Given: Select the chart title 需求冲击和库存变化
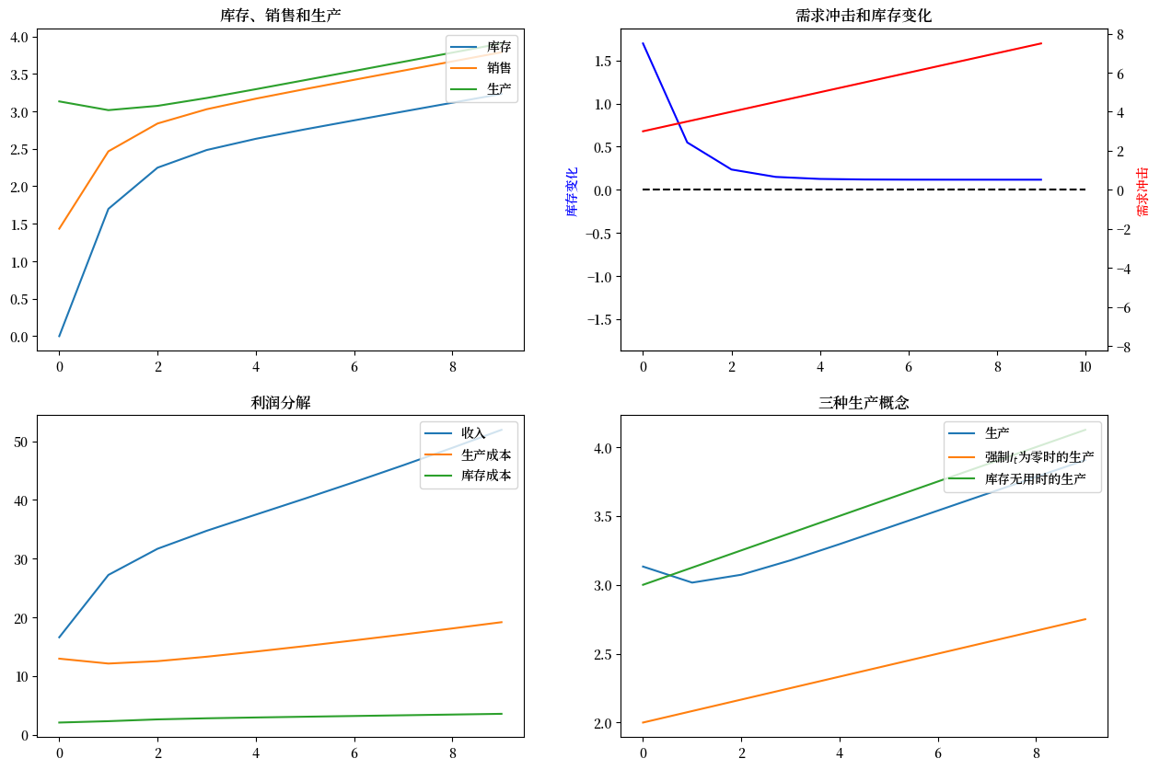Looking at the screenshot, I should (864, 16).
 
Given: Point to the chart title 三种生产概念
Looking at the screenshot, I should (864, 402).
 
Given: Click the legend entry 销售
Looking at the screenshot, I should (499, 68).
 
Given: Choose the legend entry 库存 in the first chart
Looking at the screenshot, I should (499, 47).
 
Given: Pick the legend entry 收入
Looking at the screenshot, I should (473, 433).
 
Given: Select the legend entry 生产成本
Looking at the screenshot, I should (486, 454).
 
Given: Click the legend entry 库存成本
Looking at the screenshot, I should (486, 477).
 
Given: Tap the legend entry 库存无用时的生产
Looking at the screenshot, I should (1036, 479).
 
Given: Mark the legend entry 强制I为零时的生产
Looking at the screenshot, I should (1039, 456).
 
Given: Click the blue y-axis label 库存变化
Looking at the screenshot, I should (572, 191).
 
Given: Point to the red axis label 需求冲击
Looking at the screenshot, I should (1143, 191).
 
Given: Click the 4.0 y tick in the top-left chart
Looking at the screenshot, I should (19, 37).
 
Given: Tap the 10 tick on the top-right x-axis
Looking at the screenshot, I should (1085, 366).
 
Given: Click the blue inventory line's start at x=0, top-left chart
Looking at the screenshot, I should (60, 336).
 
